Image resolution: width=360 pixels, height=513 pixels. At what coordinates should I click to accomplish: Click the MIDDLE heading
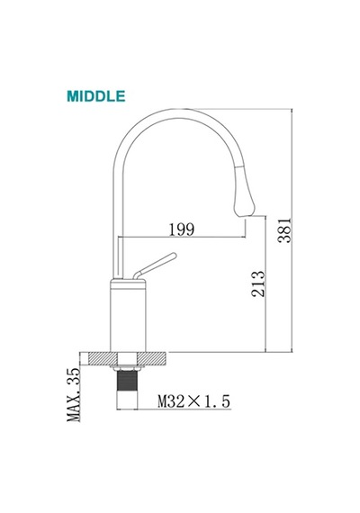coord(96,96)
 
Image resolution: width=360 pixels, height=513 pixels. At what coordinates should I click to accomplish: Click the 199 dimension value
coord(182,229)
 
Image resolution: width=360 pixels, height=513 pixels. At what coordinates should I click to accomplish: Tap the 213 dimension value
coord(258,283)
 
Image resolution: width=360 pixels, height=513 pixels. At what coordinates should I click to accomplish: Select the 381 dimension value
coord(284,230)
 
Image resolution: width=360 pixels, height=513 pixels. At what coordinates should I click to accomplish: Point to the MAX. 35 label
coord(73,394)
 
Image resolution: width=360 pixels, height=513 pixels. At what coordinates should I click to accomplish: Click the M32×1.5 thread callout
coord(194,401)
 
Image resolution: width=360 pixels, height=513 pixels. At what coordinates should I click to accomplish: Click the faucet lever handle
coord(155,266)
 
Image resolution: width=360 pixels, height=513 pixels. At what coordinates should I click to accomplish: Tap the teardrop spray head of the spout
coord(244,192)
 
